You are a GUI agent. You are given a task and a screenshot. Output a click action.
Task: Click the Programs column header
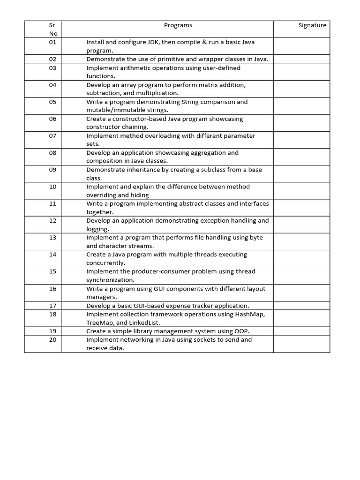pos(178,25)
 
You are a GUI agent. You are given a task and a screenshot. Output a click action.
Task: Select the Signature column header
pos(312,25)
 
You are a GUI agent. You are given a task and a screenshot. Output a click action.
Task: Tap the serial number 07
pos(52,136)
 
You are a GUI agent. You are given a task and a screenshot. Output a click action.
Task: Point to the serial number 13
pos(52,238)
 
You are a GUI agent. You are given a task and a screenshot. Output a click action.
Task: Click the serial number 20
pos(52,339)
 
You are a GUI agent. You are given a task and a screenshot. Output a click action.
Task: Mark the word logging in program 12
pos(97,229)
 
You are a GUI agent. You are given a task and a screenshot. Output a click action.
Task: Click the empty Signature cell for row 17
pos(301,306)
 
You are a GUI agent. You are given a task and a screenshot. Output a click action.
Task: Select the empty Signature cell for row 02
pos(301,59)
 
